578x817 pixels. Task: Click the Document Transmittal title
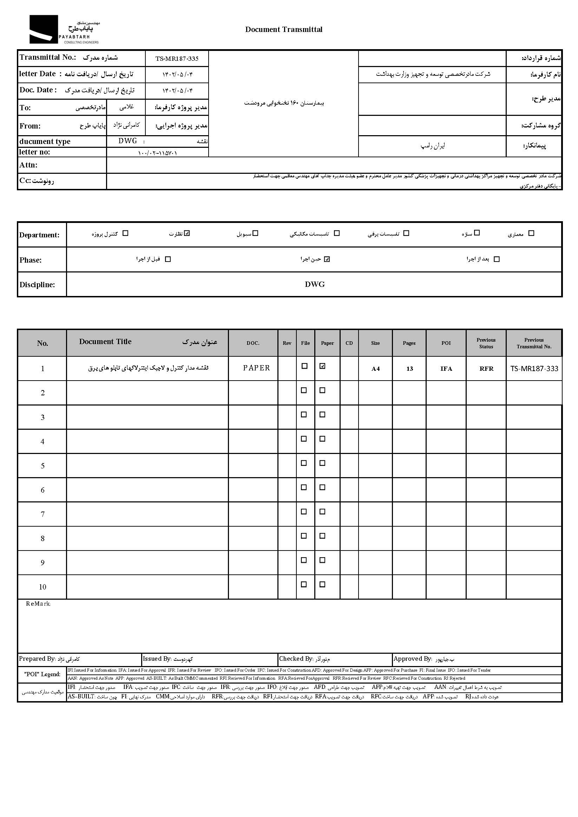[284, 29]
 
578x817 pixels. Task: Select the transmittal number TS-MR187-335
[177, 59]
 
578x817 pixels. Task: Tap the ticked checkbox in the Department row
[187, 233]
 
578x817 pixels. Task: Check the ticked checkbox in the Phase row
[327, 259]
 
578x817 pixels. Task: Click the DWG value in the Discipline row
[315, 284]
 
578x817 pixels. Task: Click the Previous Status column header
[486, 343]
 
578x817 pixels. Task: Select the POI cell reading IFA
[446, 369]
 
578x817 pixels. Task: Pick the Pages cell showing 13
[409, 369]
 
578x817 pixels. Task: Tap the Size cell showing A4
[375, 369]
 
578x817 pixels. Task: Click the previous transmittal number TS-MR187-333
[534, 369]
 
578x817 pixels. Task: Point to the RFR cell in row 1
[486, 369]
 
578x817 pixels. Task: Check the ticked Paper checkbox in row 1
[322, 366]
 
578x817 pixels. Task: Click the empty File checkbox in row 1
[304, 366]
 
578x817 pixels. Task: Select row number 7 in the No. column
[42, 514]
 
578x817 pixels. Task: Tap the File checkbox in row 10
[304, 584]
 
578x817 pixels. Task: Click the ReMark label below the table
[38, 604]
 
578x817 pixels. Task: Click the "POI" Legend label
[42, 674]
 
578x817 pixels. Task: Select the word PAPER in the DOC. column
[256, 368]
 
